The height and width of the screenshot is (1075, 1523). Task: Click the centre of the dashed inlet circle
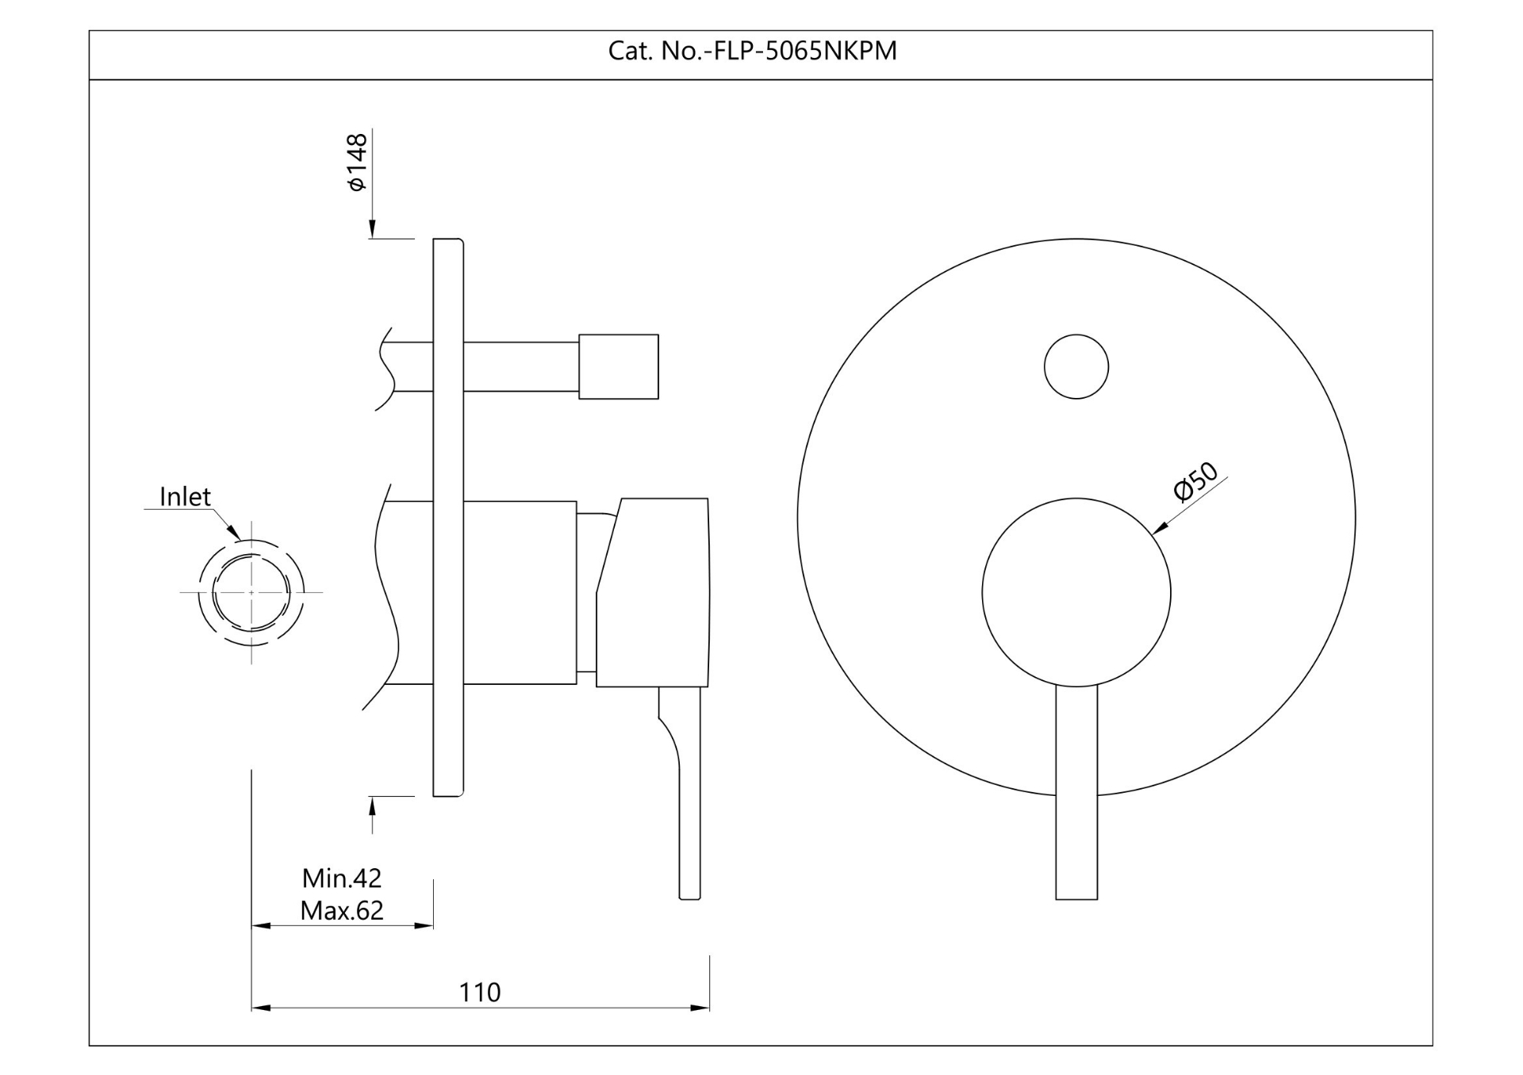(x=251, y=592)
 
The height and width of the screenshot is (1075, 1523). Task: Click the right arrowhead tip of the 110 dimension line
(x=709, y=1008)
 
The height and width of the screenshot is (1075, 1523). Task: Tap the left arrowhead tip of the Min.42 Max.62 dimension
(x=251, y=925)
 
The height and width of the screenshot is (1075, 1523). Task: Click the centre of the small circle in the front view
(x=1076, y=366)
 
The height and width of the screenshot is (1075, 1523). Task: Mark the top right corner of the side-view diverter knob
(x=658, y=335)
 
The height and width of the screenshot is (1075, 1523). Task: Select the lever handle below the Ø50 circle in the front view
(x=1076, y=792)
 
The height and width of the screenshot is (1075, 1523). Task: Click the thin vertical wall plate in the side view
(x=448, y=517)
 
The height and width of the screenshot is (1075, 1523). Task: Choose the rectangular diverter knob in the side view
(x=619, y=366)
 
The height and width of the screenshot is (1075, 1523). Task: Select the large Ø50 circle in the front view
(x=1076, y=592)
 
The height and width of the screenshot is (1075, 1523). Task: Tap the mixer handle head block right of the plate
(x=652, y=592)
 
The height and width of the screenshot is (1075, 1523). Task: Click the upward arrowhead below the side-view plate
(x=372, y=806)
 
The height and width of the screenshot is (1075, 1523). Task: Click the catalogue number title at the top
(x=752, y=51)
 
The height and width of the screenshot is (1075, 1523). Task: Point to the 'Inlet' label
(x=185, y=496)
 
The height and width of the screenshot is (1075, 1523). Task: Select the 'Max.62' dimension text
(x=342, y=910)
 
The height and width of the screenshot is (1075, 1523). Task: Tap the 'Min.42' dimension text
(x=342, y=878)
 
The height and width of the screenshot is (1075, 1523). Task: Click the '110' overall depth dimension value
(x=480, y=992)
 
